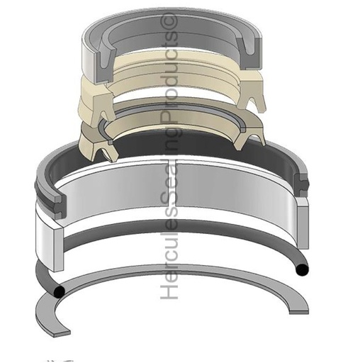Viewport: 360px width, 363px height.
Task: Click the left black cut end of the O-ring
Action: tap(59, 291)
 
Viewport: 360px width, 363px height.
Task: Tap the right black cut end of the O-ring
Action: tap(302, 269)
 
